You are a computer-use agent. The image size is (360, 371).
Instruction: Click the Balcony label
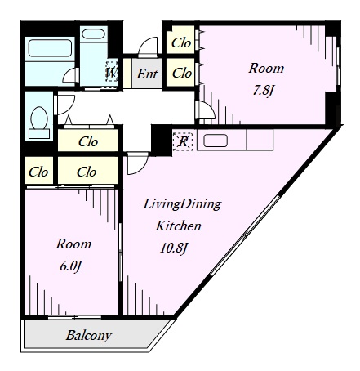tap(89, 336)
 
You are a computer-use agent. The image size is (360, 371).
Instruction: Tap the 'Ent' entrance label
tap(147, 74)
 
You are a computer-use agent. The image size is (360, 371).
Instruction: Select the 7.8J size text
tap(263, 91)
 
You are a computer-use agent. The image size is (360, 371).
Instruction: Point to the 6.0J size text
tap(71, 266)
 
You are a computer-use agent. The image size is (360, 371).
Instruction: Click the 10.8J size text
tap(174, 248)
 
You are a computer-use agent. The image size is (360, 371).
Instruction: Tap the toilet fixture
tap(39, 123)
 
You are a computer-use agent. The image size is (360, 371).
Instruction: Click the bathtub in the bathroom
tap(51, 48)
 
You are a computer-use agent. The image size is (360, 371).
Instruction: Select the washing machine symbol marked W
tap(112, 72)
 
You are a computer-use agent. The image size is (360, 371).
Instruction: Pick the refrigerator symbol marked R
tap(183, 141)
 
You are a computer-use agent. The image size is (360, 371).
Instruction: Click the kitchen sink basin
tap(216, 141)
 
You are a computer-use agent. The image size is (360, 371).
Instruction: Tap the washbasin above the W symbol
tap(93, 34)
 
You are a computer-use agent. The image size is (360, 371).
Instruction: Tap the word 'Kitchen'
tap(179, 226)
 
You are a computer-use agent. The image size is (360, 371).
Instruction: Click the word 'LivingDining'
tap(182, 204)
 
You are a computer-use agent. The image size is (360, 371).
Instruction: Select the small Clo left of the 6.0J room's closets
tap(38, 172)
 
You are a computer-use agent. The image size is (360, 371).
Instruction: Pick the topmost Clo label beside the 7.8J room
tap(181, 42)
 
